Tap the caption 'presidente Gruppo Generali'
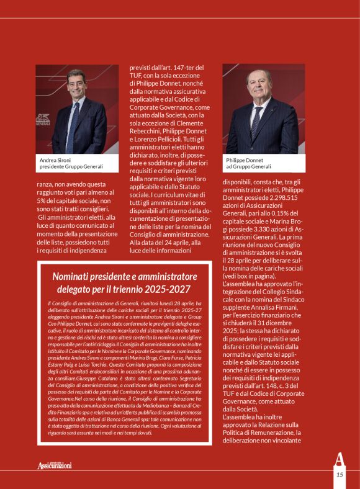point(71,167)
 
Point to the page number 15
point(340,475)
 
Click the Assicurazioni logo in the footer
point(54,465)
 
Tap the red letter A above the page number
point(339,461)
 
